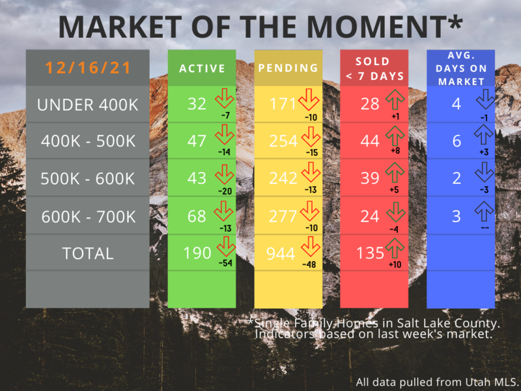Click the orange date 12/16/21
click(x=88, y=68)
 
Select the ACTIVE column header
click(x=202, y=68)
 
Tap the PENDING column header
click(x=288, y=68)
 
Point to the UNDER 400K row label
click(x=88, y=105)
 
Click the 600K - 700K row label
click(x=89, y=217)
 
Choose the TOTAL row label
click(x=88, y=253)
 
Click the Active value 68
click(x=197, y=216)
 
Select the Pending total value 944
click(x=281, y=253)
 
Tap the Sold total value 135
click(x=370, y=253)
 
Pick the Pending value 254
click(x=283, y=141)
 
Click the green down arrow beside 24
click(x=396, y=212)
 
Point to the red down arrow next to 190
click(x=226, y=246)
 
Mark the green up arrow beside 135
click(x=395, y=248)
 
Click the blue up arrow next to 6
click(x=484, y=135)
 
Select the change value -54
click(x=225, y=263)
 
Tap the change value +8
click(x=395, y=151)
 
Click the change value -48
click(x=309, y=265)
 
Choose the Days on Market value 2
click(x=457, y=178)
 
